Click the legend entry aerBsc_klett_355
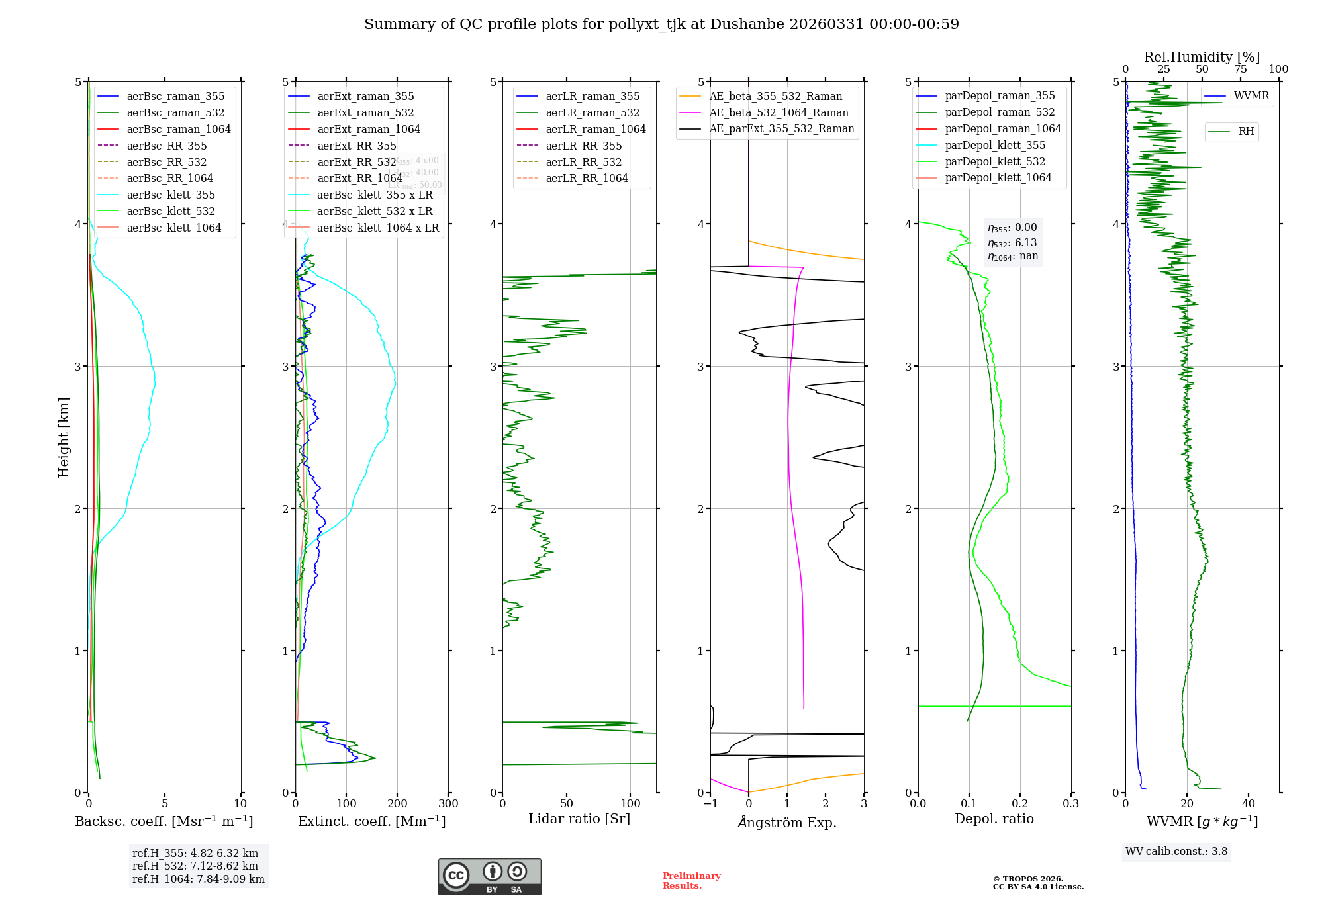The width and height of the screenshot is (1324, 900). click(171, 195)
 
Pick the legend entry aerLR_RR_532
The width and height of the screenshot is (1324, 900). click(583, 162)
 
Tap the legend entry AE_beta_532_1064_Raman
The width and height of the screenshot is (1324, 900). click(779, 112)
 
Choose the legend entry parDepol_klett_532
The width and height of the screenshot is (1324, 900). click(995, 161)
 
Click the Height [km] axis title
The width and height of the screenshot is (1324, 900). click(64, 437)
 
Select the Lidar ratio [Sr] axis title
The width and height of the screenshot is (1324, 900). click(579, 819)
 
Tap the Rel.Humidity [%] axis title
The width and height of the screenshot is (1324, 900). click(1202, 57)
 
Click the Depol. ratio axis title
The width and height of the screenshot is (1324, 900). click(994, 819)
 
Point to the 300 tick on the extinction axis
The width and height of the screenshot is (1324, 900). click(448, 804)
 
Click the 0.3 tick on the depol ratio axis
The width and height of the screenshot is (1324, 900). click(1070, 804)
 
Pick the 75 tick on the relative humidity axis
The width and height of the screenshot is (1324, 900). click(1240, 69)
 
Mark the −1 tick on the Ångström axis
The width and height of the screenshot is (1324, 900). click(710, 804)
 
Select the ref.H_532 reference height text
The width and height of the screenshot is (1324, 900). click(195, 866)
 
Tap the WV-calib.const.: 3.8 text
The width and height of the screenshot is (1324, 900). click(1176, 852)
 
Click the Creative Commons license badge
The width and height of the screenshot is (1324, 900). click(489, 877)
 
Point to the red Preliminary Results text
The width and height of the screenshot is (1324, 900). click(691, 881)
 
